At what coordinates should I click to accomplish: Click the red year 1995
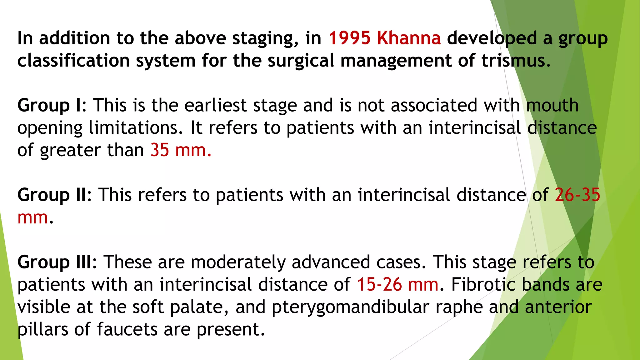click(349, 38)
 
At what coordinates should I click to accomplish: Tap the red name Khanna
click(409, 38)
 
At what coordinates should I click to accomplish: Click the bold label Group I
click(49, 105)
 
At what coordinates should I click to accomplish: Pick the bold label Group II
click(52, 195)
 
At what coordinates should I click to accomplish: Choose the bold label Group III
click(55, 262)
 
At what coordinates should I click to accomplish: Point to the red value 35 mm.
click(181, 150)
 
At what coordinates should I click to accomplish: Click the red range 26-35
click(577, 195)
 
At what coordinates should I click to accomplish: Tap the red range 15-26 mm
click(397, 285)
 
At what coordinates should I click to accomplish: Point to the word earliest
click(216, 105)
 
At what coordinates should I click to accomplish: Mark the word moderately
click(238, 262)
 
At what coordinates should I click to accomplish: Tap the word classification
click(73, 61)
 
